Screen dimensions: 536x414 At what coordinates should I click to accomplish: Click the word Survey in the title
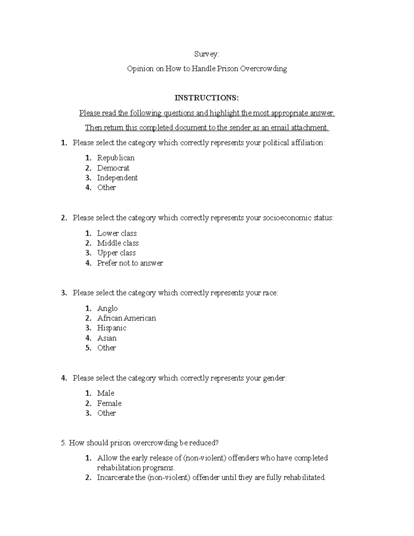206,54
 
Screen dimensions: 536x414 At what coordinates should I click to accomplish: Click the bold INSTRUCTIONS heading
207,98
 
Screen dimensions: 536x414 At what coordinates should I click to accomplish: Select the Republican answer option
116,158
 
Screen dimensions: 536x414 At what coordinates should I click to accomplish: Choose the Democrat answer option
113,168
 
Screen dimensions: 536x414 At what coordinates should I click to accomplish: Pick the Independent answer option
117,178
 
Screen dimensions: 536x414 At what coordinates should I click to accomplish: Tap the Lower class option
117,233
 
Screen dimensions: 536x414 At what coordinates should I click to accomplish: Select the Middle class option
118,243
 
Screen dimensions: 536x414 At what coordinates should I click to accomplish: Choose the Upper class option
116,253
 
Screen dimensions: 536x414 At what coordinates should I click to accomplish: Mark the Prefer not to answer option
130,263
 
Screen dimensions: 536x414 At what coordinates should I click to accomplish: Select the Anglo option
107,308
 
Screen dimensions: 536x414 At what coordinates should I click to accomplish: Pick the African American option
126,318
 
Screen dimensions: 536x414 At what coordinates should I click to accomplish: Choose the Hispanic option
112,328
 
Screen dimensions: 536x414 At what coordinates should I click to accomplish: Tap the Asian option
107,338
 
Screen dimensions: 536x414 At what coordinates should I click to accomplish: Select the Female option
109,403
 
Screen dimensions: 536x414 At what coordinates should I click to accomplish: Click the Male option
106,393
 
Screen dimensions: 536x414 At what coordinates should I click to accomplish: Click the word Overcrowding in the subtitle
264,69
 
